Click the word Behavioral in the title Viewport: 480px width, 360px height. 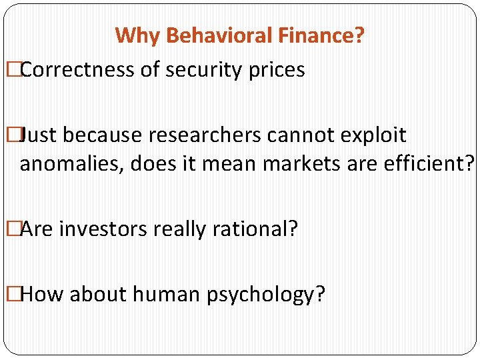coord(205,35)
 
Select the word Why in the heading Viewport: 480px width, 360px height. coord(133,35)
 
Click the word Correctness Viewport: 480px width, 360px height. coord(77,69)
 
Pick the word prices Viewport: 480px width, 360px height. coord(275,71)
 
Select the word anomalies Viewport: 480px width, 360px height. coord(71,163)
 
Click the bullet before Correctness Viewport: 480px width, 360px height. coord(10,70)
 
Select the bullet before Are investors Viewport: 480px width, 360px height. coord(10,229)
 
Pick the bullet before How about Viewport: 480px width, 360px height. coord(10,294)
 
